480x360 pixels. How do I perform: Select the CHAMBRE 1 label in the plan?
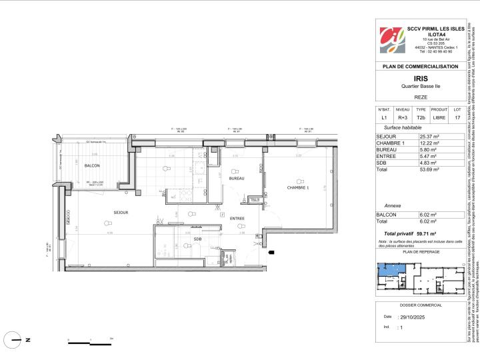click(299, 187)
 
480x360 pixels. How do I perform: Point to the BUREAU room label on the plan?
click(236, 179)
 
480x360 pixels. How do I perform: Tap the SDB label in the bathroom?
click(197, 239)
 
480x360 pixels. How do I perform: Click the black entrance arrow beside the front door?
click(270, 253)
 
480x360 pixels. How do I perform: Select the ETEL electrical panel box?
click(254, 199)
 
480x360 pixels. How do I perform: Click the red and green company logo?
click(391, 39)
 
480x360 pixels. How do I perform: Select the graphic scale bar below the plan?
click(92, 342)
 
